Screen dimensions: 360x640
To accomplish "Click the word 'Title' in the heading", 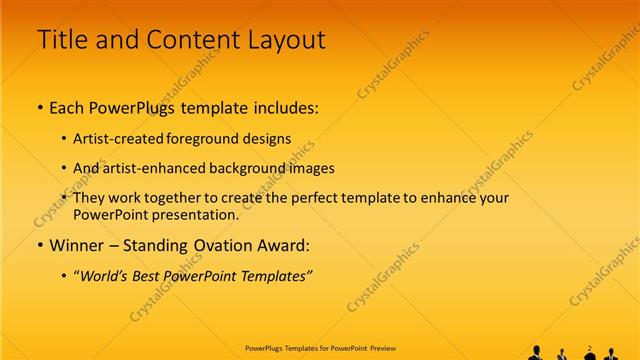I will pyautogui.click(x=62, y=40).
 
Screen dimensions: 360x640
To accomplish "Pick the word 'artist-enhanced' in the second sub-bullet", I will pyautogui.click(x=153, y=169).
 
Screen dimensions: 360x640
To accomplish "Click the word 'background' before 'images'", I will pyautogui.click(x=251, y=169).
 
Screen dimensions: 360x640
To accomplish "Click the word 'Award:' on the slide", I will pyautogui.click(x=285, y=245).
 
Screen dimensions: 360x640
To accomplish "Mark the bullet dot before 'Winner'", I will pyautogui.click(x=40, y=245).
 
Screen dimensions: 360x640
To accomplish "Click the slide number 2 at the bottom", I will pyautogui.click(x=590, y=348).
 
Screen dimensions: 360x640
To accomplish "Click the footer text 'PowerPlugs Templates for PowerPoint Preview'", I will pyautogui.click(x=320, y=349).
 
